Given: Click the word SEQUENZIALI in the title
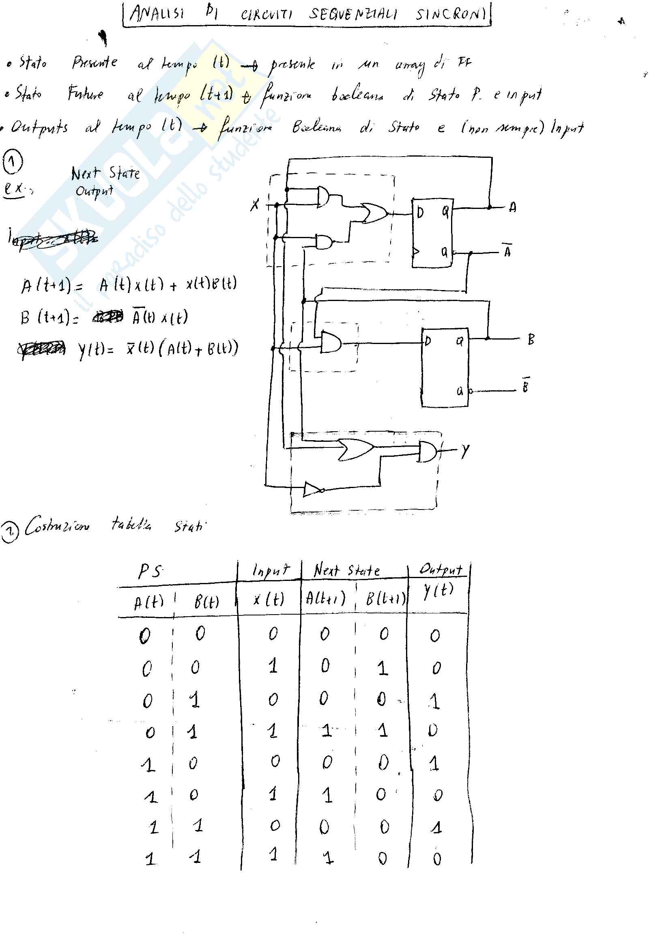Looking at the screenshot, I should tap(352, 14).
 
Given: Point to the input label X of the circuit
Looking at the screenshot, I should tap(255, 204).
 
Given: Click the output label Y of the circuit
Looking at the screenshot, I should tap(465, 450).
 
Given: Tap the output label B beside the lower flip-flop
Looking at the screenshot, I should tap(531, 339).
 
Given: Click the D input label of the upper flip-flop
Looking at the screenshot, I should tap(420, 212).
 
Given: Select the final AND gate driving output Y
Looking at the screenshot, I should tap(427, 452).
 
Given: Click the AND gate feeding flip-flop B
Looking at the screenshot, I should tap(331, 342).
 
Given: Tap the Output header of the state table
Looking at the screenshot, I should tap(441, 569).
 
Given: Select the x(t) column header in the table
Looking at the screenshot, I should tap(269, 599).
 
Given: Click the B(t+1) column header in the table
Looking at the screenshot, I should tap(385, 598).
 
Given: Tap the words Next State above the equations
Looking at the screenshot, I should tap(105, 173).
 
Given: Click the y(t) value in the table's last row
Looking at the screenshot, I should tap(437, 858).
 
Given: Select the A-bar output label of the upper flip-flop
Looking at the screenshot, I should tap(507, 252).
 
